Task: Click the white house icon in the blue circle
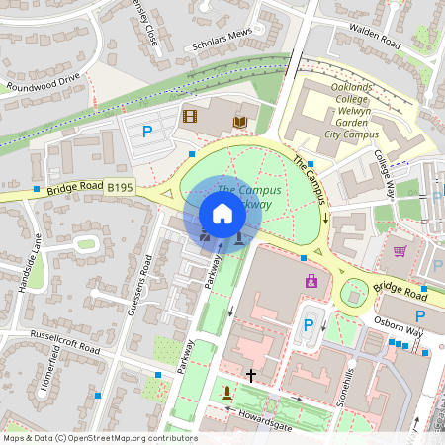(222, 214)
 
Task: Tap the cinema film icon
(190, 117)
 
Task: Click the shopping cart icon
(400, 251)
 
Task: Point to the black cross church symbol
(251, 376)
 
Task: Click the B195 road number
(120, 186)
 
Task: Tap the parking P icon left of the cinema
(148, 131)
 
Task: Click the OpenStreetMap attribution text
(100, 438)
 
